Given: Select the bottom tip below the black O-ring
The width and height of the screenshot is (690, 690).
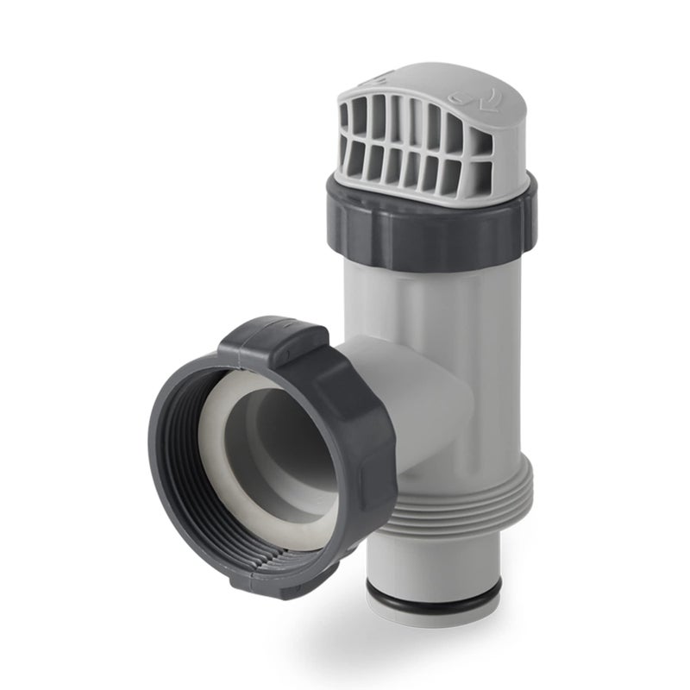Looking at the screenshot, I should click(431, 614).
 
